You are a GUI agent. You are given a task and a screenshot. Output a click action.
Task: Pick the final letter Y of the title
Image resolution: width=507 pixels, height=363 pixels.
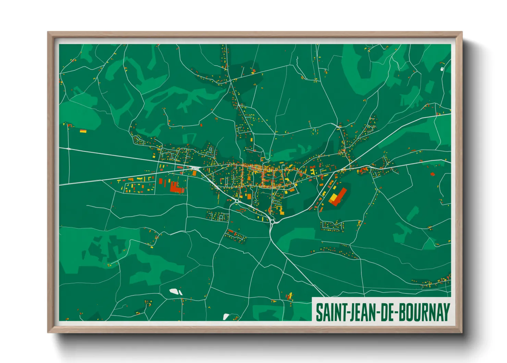pos(446,312)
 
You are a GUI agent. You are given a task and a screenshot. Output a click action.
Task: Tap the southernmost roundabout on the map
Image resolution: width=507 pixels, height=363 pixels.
pos(272,222)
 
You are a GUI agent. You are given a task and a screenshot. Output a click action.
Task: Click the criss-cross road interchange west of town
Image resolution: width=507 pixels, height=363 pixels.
pos(196,168)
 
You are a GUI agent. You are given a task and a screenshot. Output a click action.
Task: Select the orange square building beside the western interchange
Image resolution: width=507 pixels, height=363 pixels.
pos(194,174)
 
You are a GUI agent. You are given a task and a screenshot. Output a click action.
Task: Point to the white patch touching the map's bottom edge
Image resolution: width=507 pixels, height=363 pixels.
pos(226,317)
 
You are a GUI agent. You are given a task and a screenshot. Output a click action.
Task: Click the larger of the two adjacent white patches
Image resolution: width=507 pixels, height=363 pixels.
pos(174,291)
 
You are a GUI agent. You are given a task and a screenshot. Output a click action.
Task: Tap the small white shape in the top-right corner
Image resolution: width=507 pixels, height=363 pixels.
pos(442,69)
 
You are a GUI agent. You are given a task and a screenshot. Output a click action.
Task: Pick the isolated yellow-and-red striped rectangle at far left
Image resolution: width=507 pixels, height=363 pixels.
pos(83,131)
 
